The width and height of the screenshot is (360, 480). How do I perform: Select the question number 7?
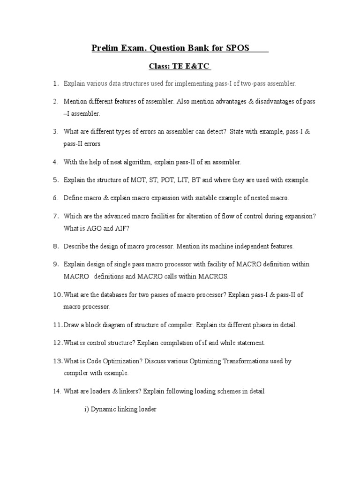click(55, 216)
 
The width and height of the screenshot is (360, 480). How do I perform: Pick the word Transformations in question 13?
click(246, 361)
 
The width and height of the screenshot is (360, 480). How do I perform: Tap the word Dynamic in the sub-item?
click(103, 409)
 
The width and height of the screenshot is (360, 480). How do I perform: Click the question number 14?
click(56, 391)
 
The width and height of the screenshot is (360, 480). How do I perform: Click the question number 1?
click(55, 83)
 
